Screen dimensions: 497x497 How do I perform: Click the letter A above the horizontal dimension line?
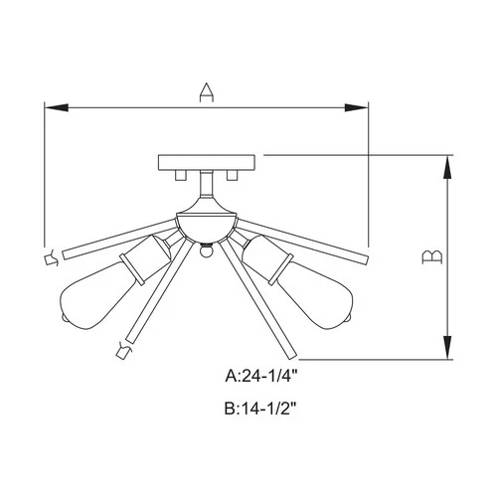pos(206,91)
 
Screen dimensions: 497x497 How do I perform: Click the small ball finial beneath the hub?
pos(206,251)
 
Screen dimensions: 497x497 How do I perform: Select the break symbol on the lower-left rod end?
pos(124,348)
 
